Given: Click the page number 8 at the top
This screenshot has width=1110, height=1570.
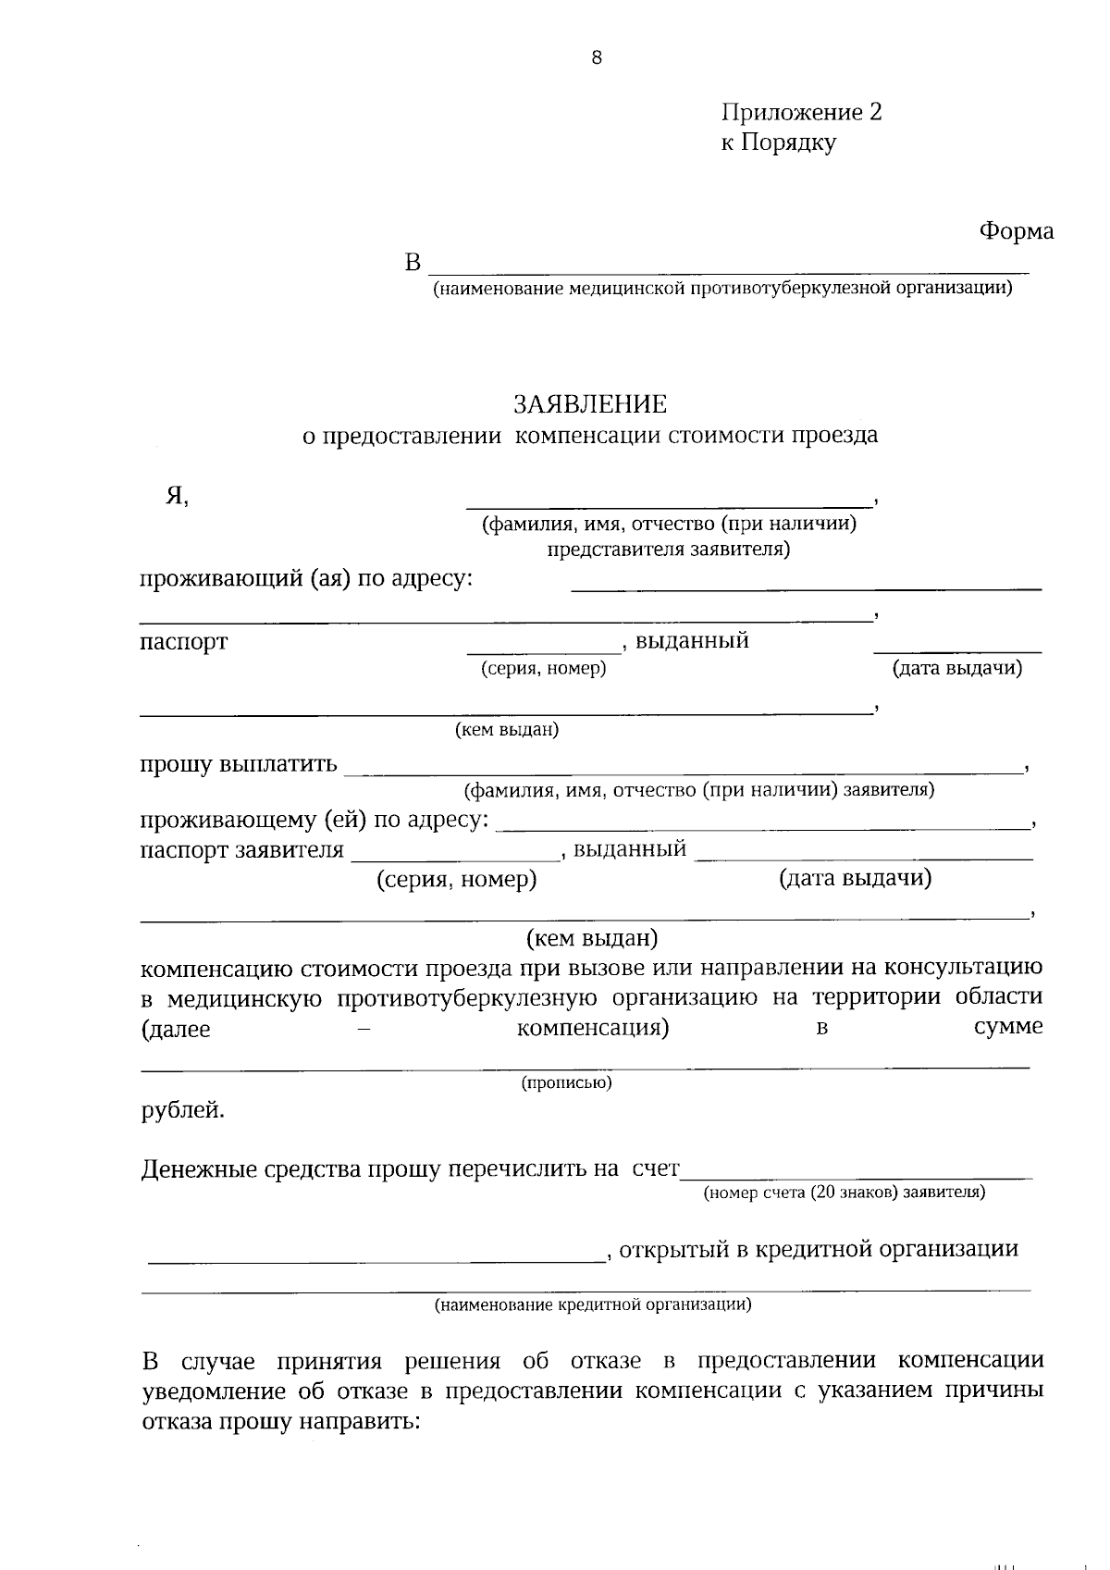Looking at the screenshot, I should click(x=596, y=58).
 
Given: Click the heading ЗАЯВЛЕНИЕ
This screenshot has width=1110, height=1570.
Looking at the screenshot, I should click(x=590, y=404).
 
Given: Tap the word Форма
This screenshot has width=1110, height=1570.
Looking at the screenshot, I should click(x=1016, y=231).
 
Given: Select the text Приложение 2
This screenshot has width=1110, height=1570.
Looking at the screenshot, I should click(x=801, y=113).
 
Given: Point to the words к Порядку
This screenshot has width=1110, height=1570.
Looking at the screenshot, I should click(x=778, y=143).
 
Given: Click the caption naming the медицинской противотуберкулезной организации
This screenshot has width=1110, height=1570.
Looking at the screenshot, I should click(x=721, y=289).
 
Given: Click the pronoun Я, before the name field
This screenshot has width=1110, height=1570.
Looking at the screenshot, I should click(x=177, y=497).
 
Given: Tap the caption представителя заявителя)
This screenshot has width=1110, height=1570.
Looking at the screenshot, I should click(x=668, y=550).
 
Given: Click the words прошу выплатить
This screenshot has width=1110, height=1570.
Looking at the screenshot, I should click(x=239, y=765).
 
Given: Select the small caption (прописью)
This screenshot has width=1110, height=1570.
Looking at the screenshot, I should click(x=566, y=1082).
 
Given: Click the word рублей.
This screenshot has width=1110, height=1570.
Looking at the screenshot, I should click(x=182, y=1109).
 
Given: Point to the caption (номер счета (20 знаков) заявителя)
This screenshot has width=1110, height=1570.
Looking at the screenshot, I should click(x=844, y=1193).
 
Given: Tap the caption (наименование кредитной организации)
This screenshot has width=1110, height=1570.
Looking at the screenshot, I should click(x=593, y=1305).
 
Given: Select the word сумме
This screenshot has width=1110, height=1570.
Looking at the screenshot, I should click(x=1008, y=1027).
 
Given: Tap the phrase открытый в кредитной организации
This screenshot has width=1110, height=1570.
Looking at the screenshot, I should click(x=819, y=1250).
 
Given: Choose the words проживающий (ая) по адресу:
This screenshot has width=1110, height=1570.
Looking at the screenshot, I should click(x=306, y=580).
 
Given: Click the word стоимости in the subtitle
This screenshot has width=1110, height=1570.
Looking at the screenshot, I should click(x=724, y=436).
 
